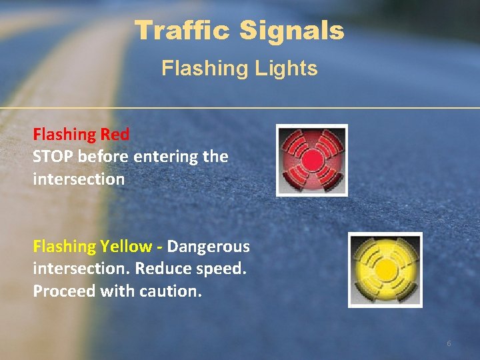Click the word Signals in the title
pos(293,30)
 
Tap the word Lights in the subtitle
pos(291,68)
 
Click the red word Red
pos(115,134)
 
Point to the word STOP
pos(53,157)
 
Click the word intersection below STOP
pos(79,179)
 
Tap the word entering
pos(165,157)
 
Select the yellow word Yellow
pos(126,246)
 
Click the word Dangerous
pos(209,246)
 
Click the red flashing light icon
pos(312,160)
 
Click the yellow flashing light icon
pos(385,269)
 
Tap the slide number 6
pos(449,343)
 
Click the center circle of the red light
pos(312,160)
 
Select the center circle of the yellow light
pos(385,269)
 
